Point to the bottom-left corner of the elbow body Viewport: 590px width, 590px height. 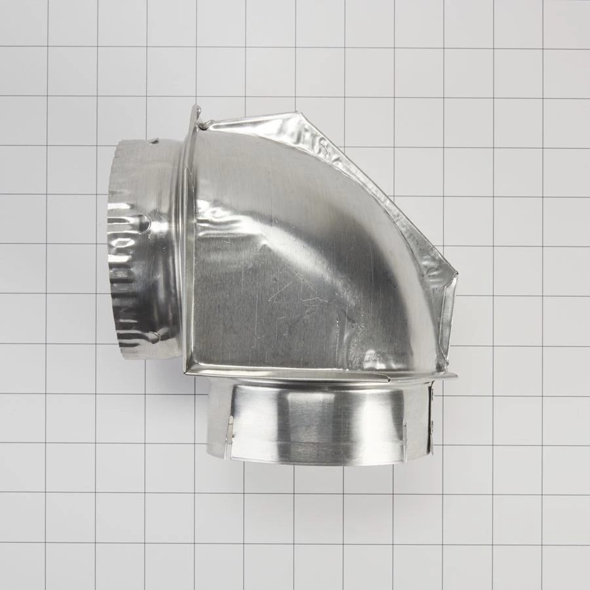[x=188, y=370]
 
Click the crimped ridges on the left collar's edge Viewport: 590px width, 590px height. [x=118, y=275]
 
